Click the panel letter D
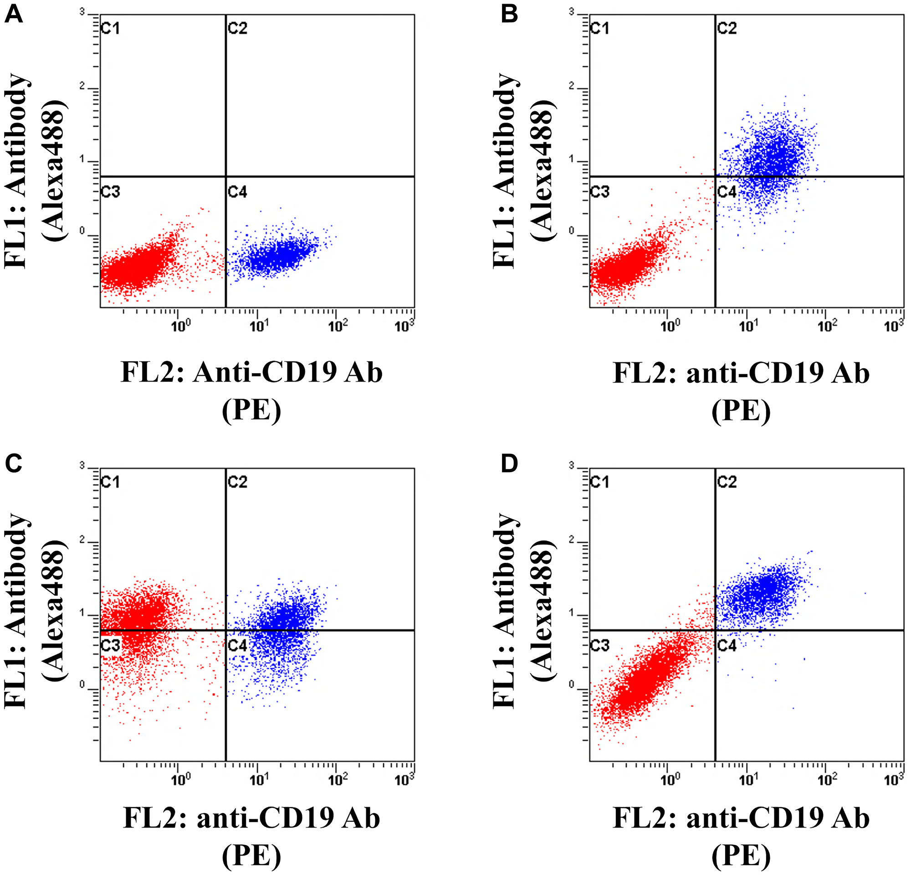[x=509, y=464]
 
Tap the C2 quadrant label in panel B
[x=727, y=28]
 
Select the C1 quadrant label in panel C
[x=110, y=482]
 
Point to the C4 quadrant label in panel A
[x=237, y=191]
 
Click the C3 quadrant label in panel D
[x=599, y=645]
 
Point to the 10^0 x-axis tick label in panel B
[x=669, y=326]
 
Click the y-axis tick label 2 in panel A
[x=82, y=87]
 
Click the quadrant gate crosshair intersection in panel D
[x=715, y=630]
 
